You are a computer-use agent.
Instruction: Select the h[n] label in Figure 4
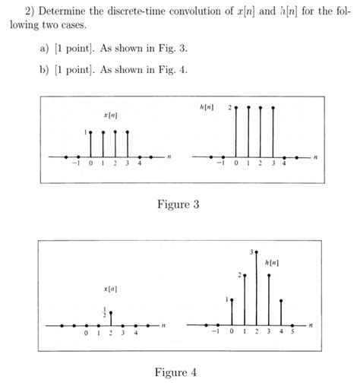[273, 262]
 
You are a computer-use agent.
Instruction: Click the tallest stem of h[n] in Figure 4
[257, 289]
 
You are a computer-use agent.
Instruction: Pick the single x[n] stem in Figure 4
[111, 318]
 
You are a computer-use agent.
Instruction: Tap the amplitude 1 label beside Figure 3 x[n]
[86, 132]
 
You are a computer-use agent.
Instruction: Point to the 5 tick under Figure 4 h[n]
[293, 332]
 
